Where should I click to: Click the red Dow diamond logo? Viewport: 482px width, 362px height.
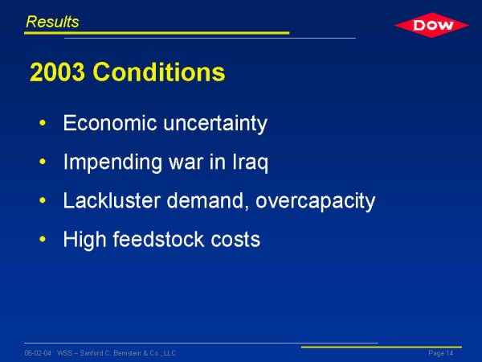tap(431, 25)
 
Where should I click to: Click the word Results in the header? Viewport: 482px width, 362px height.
tap(52, 22)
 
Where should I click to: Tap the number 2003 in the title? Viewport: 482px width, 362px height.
tap(57, 72)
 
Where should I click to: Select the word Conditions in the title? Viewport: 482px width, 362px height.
tap(159, 72)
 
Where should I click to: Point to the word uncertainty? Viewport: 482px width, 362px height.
tap(215, 124)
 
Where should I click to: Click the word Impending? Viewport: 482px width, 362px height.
tap(112, 162)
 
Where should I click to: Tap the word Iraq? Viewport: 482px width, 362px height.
tap(250, 162)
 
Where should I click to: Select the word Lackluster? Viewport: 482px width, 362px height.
tap(112, 200)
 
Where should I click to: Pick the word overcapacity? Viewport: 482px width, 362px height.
tap(316, 202)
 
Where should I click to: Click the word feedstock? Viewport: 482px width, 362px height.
tap(158, 239)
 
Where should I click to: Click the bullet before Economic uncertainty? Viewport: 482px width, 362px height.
tap(43, 123)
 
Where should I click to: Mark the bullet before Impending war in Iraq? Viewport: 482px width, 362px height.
tap(43, 162)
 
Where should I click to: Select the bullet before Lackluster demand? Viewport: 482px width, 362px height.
tap(43, 200)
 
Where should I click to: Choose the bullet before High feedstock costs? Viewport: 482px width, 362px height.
tap(43, 239)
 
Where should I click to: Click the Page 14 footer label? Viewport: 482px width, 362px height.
tap(441, 353)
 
